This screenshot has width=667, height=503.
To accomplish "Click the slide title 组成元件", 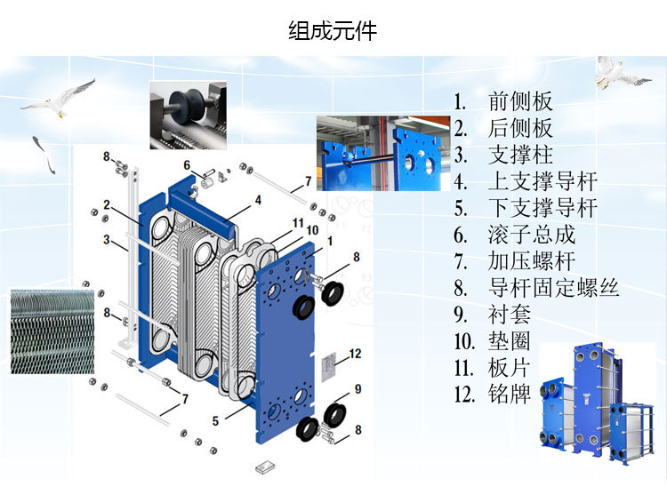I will pyautogui.click(x=333, y=32).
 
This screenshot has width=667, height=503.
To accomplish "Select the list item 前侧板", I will pyautogui.click(x=520, y=101).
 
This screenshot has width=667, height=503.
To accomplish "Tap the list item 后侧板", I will pyautogui.click(x=520, y=128).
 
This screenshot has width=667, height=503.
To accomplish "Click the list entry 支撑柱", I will pyautogui.click(x=520, y=155).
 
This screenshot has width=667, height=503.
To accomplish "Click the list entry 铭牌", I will pyautogui.click(x=510, y=395).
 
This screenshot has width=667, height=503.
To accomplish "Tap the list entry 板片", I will pyautogui.click(x=510, y=368).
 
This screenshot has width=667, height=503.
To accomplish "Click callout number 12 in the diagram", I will pyautogui.click(x=355, y=354).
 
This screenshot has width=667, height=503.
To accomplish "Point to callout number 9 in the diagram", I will pyautogui.click(x=357, y=388).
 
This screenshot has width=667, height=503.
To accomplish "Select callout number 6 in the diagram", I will pyautogui.click(x=187, y=165).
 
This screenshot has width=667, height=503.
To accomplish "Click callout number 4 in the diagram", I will pyautogui.click(x=258, y=201).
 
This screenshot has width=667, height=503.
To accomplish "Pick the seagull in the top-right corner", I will pyautogui.click(x=619, y=73).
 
